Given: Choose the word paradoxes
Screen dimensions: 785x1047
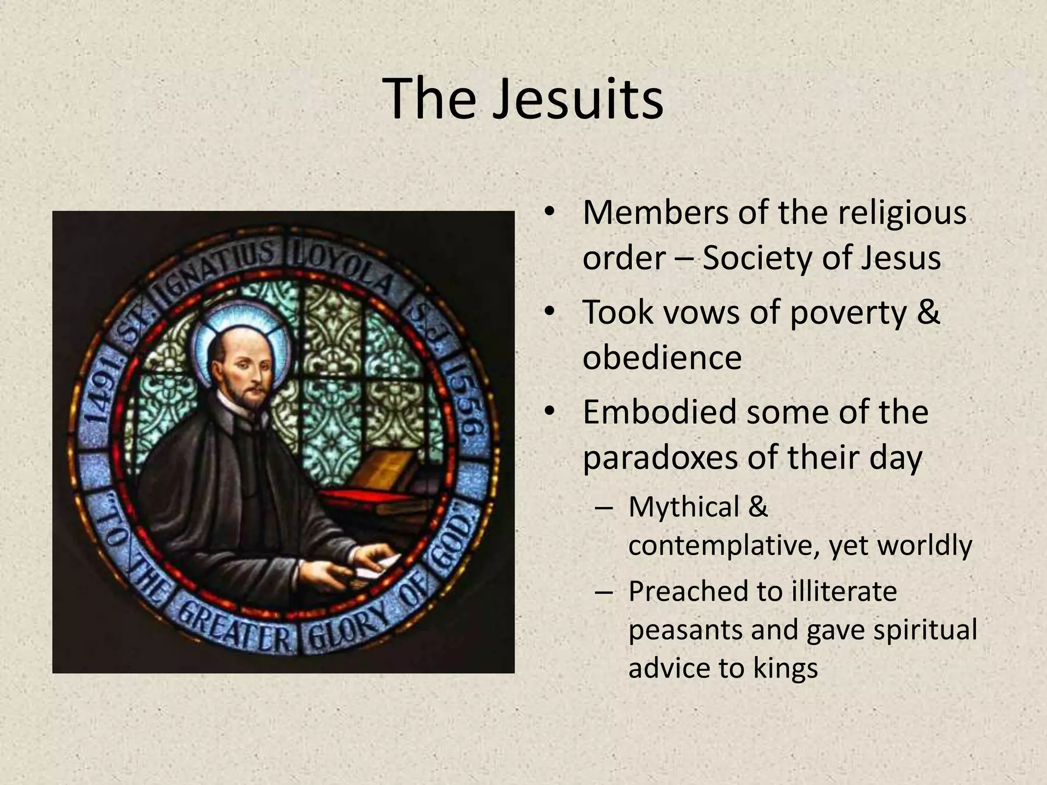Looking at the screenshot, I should click(660, 457).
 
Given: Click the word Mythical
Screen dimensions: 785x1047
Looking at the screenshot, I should click(684, 507).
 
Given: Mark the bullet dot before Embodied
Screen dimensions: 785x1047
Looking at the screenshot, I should click(550, 411).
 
